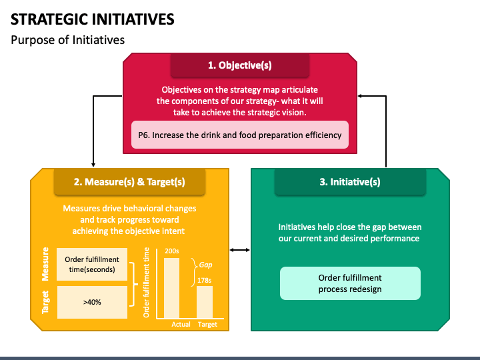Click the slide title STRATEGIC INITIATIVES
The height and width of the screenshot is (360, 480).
(93, 19)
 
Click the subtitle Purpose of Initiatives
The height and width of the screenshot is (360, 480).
(67, 40)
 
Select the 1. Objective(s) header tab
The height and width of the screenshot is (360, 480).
(240, 65)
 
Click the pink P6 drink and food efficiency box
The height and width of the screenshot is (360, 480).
(240, 135)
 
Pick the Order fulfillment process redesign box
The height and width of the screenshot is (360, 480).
(350, 283)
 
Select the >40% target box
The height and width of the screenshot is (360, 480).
(92, 301)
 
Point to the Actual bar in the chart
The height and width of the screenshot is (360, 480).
(172, 287)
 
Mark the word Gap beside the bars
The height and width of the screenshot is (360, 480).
(205, 265)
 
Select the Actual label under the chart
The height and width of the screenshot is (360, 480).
(181, 324)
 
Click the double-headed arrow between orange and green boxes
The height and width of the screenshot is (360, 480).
(240, 250)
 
